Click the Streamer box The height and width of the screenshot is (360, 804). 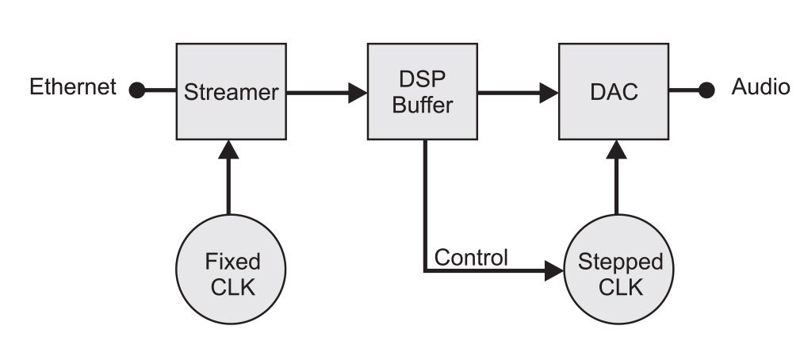click(231, 91)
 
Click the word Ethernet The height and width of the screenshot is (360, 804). click(73, 86)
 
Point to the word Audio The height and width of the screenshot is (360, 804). click(760, 87)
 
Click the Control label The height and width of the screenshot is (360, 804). click(471, 258)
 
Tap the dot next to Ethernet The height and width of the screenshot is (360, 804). click(136, 90)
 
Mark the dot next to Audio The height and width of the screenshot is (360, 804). click(706, 90)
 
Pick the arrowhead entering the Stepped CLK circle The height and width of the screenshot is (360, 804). click(552, 272)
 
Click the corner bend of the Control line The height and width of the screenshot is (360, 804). click(426, 272)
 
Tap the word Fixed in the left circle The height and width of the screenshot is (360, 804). click(232, 261)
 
